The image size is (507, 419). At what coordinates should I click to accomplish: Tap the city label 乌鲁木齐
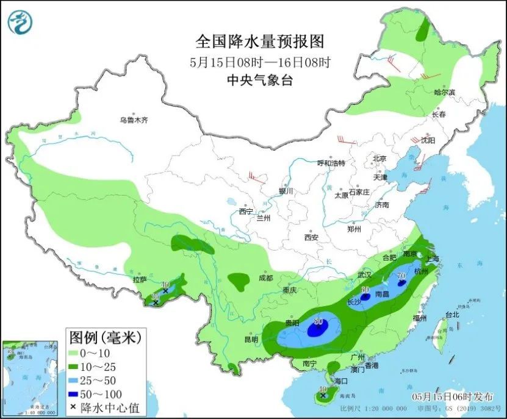(x=134, y=120)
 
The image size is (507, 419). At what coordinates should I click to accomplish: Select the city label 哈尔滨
(x=445, y=92)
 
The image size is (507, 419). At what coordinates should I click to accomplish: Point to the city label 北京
(x=380, y=159)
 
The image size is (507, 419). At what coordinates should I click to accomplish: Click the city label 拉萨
(x=140, y=280)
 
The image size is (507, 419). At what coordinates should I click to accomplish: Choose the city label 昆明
(x=251, y=339)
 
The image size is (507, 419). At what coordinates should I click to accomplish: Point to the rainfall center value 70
(x=401, y=276)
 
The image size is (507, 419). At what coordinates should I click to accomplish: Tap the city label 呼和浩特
(x=331, y=163)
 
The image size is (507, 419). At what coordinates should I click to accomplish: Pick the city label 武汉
(x=365, y=274)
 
